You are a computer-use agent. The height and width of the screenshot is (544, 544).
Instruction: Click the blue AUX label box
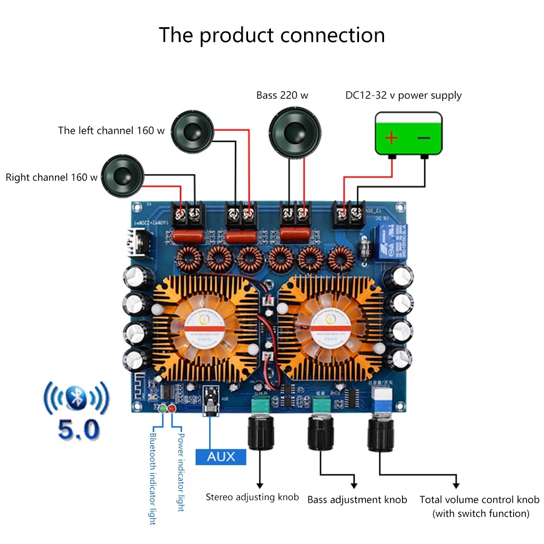[x=221, y=456]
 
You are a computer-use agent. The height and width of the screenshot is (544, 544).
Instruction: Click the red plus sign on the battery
[x=391, y=137]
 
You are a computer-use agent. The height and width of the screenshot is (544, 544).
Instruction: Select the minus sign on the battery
[x=424, y=137]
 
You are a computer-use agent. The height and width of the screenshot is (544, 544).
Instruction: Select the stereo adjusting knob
[x=259, y=433]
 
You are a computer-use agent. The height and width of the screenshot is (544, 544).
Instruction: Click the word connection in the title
[x=332, y=35]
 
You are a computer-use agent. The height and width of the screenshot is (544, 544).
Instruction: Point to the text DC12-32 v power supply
[x=403, y=96]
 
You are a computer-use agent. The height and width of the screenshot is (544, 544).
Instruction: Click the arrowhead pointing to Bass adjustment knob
[x=356, y=484]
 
